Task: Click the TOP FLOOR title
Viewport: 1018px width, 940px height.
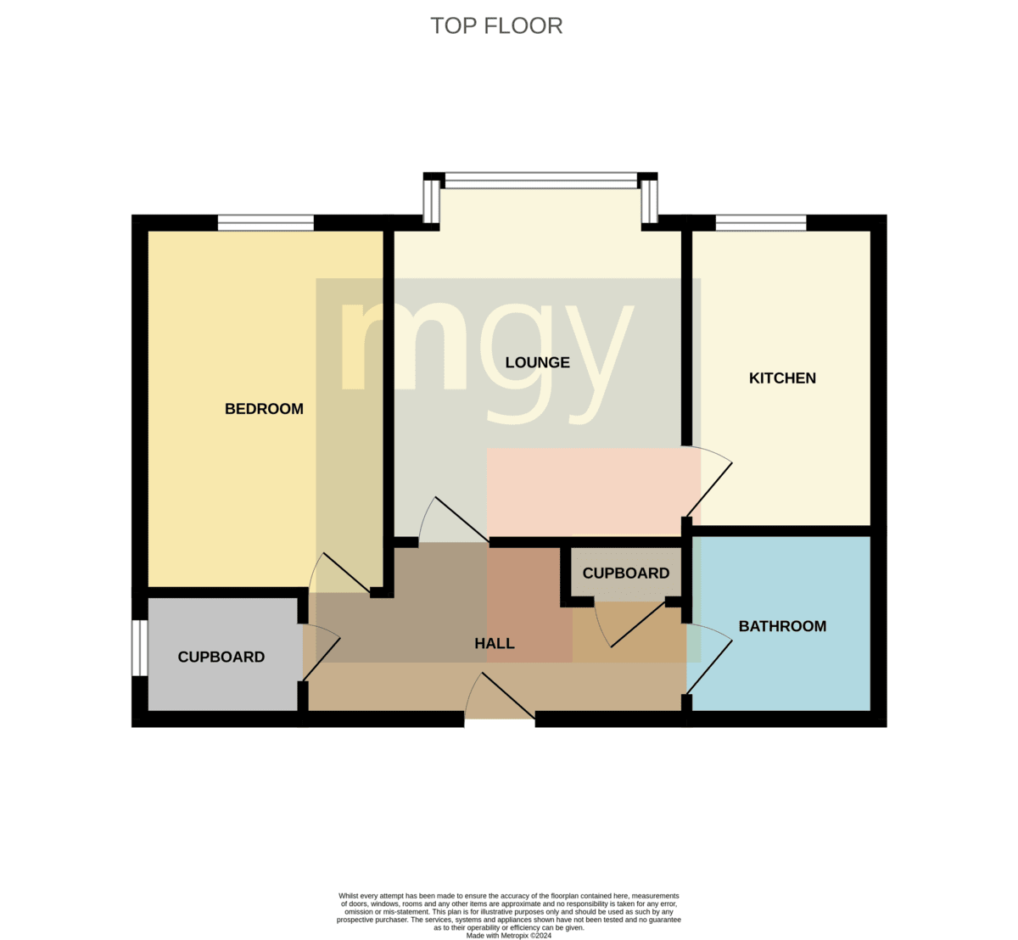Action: [x=496, y=26]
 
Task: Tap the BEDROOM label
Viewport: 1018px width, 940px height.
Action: [x=264, y=409]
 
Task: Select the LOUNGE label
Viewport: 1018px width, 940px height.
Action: [x=537, y=362]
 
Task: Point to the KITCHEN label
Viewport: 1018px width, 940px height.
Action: [x=782, y=378]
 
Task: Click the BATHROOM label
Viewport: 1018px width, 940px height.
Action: [x=782, y=626]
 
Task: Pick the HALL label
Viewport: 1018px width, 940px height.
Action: [x=494, y=643]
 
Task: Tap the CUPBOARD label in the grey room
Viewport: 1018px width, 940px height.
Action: [x=221, y=657]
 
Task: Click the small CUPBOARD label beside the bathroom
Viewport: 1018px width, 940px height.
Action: [x=626, y=573]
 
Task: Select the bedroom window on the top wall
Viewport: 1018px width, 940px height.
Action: [x=266, y=223]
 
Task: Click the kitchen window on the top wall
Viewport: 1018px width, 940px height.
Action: [x=761, y=223]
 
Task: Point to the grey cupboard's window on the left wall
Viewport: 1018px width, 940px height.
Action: [x=140, y=648]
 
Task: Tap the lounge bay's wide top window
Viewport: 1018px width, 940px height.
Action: [x=540, y=181]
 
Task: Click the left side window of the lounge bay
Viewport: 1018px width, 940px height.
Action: [x=432, y=202]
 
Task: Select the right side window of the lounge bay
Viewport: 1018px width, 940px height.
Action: [x=650, y=202]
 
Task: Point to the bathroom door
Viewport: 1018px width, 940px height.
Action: [x=709, y=659]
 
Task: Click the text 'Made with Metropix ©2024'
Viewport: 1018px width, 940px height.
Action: [x=508, y=936]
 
